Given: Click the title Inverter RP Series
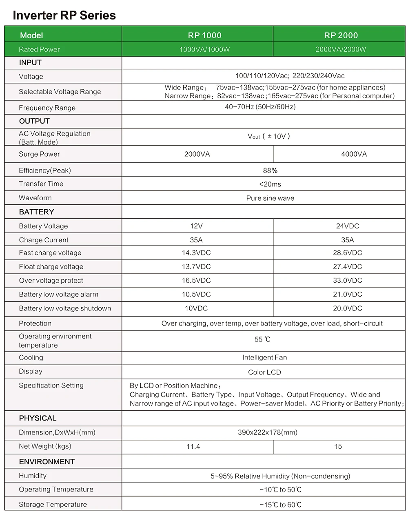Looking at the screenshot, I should click(64, 16).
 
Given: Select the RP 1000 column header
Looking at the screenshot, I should click(205, 35).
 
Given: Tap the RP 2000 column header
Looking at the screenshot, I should click(341, 35).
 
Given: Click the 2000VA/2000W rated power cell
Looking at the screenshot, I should click(341, 49).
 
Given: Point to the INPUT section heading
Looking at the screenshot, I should click(30, 62).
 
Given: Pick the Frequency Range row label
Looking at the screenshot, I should click(47, 108).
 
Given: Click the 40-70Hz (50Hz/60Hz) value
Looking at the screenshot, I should click(260, 107).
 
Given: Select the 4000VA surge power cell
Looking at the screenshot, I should click(354, 154).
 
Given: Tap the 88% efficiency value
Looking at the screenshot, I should click(270, 171).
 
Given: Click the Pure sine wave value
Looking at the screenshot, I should click(270, 198).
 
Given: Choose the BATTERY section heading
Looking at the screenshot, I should click(36, 212).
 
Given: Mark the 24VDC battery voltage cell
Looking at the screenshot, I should click(348, 226).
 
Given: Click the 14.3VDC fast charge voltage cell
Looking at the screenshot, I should click(196, 253).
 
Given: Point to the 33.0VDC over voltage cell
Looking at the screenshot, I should click(348, 281).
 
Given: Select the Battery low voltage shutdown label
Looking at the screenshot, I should click(65, 308).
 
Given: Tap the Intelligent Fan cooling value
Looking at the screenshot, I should click(264, 358).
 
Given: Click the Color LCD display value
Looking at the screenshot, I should click(264, 372).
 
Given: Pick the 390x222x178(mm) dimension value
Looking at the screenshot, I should click(267, 432).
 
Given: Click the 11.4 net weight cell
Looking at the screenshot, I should click(193, 447).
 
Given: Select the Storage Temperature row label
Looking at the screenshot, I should click(53, 505).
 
